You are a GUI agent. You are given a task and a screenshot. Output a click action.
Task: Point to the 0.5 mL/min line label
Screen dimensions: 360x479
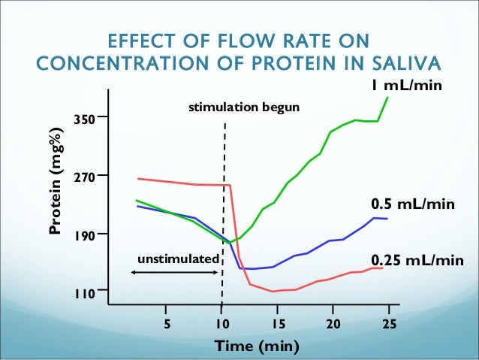[413, 204]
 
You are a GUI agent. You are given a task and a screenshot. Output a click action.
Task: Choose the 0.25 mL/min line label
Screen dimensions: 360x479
[417, 260]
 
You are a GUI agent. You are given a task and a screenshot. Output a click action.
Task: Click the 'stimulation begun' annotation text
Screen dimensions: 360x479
[244, 108]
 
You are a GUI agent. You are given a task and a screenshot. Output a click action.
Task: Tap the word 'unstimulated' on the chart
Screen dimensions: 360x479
[178, 259]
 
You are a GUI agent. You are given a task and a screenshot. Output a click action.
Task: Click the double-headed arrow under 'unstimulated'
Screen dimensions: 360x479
[175, 271]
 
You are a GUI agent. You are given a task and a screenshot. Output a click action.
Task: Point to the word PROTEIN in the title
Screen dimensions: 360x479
[285, 61]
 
